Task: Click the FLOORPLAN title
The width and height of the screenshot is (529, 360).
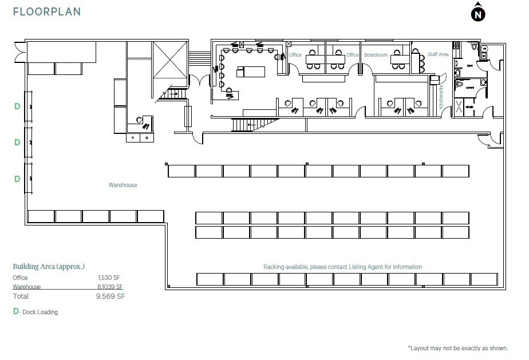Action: (x=47, y=11)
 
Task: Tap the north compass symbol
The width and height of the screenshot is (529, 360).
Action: (x=477, y=14)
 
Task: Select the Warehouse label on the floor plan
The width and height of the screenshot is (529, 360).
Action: (x=123, y=185)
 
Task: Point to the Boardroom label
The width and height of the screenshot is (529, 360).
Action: (x=376, y=55)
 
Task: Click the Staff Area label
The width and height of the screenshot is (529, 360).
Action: (x=438, y=54)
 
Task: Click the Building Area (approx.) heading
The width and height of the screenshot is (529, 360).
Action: (x=49, y=267)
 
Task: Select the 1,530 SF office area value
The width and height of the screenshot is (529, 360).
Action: (x=109, y=278)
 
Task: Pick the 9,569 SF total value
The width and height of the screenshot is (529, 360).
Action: (x=111, y=296)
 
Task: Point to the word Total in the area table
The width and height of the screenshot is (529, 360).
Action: (x=21, y=296)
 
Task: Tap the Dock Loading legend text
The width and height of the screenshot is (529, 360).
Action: (x=40, y=312)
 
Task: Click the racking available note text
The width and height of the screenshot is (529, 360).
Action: (x=342, y=267)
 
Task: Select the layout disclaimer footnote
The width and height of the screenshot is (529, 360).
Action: (x=457, y=348)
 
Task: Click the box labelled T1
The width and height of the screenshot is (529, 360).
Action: (x=133, y=138)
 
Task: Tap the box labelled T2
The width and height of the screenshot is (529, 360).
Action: (x=147, y=138)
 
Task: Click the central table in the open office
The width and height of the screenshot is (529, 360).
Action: (x=251, y=72)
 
